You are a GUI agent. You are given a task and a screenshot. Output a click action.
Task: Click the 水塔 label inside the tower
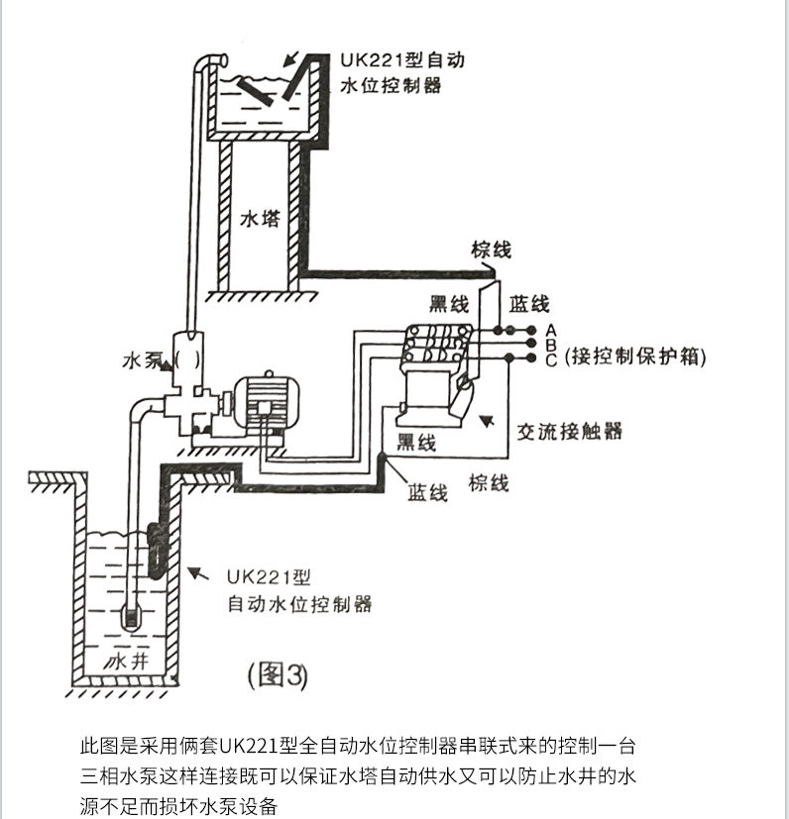[260, 219]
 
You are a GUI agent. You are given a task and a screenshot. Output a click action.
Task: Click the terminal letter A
[552, 329]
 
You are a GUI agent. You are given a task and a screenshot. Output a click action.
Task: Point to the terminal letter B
[552, 344]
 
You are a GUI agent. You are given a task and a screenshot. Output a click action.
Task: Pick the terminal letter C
[552, 359]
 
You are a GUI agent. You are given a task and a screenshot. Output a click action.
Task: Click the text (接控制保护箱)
[635, 358]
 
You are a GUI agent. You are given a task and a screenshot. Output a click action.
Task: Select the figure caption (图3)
[278, 675]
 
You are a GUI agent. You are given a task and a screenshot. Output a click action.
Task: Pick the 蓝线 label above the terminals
[529, 303]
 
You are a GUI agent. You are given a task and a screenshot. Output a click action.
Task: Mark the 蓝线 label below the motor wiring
[427, 491]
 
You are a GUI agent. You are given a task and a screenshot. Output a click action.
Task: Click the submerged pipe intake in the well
[132, 615]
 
